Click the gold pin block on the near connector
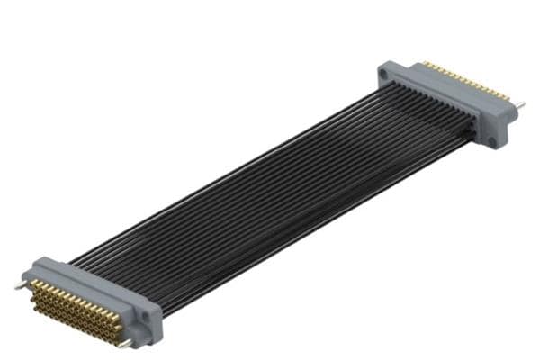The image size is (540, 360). pos(76,307)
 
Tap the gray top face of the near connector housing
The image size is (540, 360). pos(90,283)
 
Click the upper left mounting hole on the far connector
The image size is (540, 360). pos(392,72)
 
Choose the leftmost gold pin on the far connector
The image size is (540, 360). pos(425,65)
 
